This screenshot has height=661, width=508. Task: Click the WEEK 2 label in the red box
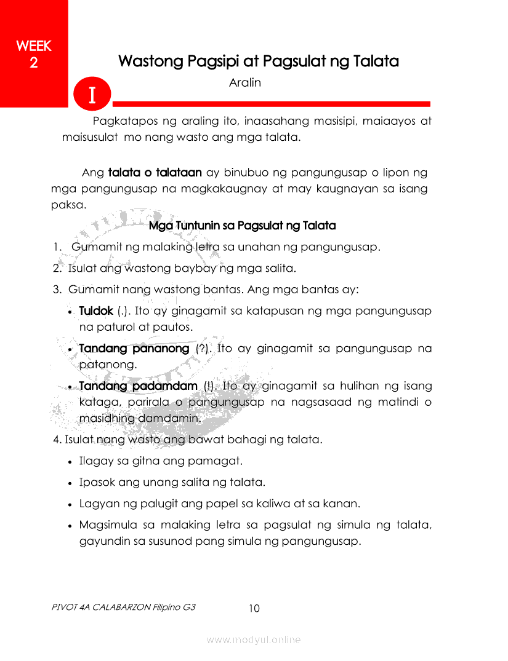[33, 54]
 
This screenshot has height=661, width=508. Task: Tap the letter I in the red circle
[92, 95]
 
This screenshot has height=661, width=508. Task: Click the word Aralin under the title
[244, 82]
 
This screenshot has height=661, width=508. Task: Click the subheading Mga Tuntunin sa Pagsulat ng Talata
[242, 226]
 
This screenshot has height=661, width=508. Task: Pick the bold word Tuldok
[96, 311]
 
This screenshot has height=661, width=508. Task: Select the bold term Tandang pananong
[134, 349]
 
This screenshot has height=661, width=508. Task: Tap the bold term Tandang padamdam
[138, 386]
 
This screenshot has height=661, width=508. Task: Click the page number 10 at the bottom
[254, 609]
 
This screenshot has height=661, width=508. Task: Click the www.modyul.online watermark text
[254, 640]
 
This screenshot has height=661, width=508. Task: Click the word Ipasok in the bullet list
[97, 482]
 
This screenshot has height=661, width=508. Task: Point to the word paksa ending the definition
[67, 205]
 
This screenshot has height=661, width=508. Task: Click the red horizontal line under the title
[271, 103]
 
